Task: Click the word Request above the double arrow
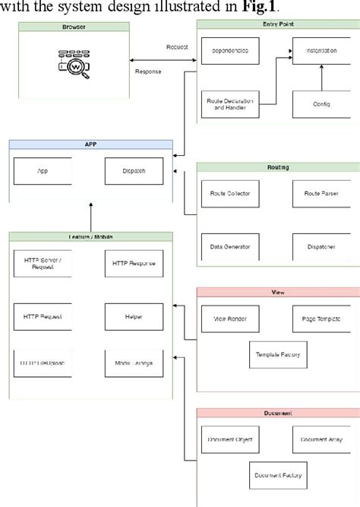tap(176, 47)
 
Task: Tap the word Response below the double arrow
tap(148, 72)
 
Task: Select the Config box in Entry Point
tap(321, 103)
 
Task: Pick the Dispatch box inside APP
tap(134, 172)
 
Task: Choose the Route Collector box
tap(229, 193)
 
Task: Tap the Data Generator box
tap(229, 247)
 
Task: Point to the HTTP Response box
tap(134, 263)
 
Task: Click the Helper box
tap(134, 316)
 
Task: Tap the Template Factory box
tap(279, 355)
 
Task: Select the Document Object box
tap(229, 439)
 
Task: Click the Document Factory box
tap(279, 475)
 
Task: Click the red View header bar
tap(277, 292)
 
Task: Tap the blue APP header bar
tap(91, 144)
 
